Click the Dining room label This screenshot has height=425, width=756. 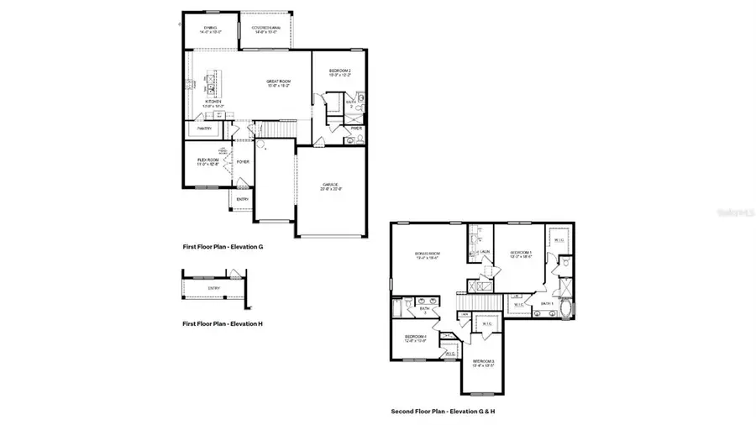[x=210, y=28]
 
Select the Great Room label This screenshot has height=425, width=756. [x=278, y=82]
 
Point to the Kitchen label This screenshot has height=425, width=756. [x=212, y=102]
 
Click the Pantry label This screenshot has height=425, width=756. [x=204, y=129]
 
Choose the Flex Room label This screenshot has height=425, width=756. [x=207, y=160]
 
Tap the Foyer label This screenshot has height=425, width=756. [x=243, y=161]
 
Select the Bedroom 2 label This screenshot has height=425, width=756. [x=339, y=73]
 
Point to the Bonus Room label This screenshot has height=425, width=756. [x=428, y=253]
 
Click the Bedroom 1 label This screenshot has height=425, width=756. [x=521, y=253]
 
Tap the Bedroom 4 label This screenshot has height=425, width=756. [x=416, y=338]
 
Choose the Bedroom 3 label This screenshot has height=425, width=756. [x=482, y=361]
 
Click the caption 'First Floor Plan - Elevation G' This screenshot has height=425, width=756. [x=223, y=247]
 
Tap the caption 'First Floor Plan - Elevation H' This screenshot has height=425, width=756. [x=223, y=323]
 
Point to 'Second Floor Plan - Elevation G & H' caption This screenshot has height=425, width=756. [x=442, y=412]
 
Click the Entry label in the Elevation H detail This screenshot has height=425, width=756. [x=214, y=289]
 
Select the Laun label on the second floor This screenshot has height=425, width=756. [x=485, y=251]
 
